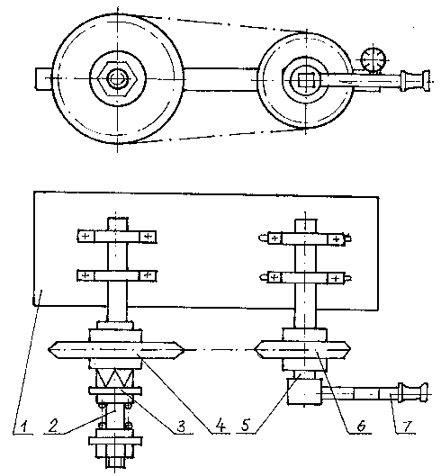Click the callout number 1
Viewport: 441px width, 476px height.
click(x=24, y=427)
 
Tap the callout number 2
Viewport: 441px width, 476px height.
click(x=53, y=426)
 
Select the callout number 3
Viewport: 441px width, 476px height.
click(x=181, y=427)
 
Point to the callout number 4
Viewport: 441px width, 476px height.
click(x=220, y=426)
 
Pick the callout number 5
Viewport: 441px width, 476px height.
click(x=246, y=425)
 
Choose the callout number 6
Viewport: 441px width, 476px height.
click(x=361, y=427)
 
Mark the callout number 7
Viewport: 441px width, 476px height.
click(x=407, y=427)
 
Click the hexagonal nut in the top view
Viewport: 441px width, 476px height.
click(x=117, y=78)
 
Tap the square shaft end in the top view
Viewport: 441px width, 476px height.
click(x=304, y=81)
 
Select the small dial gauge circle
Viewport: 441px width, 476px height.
click(x=373, y=59)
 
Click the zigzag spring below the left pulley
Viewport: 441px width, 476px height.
click(x=115, y=378)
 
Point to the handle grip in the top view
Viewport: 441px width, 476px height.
click(x=415, y=80)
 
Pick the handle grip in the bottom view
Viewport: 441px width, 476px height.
click(x=414, y=393)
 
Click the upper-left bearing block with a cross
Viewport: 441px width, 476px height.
click(x=86, y=236)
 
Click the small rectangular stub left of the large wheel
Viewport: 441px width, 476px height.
click(x=44, y=78)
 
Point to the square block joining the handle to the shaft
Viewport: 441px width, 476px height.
click(x=304, y=391)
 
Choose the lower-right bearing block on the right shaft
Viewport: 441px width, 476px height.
click(x=336, y=278)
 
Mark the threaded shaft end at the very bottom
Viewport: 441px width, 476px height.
click(x=115, y=463)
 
